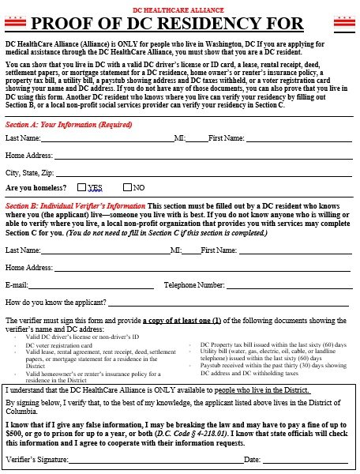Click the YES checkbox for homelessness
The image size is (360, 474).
coord(82,188)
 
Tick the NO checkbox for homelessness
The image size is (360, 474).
coord(128,188)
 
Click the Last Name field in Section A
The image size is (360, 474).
coord(107,139)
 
